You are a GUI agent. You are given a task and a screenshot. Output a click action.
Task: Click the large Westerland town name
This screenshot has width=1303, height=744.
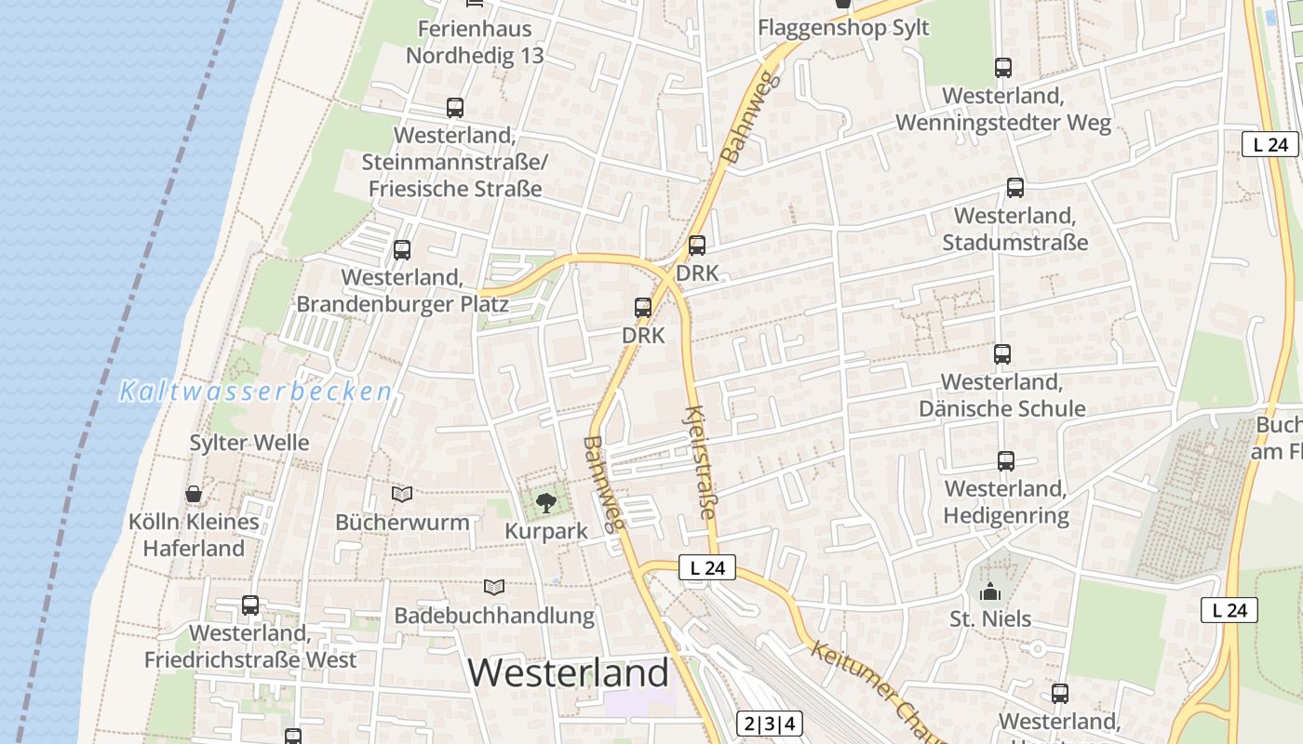[568, 671]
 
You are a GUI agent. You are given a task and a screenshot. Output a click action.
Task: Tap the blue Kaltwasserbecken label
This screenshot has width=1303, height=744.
[256, 392]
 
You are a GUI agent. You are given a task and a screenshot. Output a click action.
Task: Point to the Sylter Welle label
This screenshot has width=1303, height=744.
[249, 443]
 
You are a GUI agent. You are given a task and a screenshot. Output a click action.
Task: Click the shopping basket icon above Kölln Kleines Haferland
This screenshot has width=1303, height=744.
[194, 493]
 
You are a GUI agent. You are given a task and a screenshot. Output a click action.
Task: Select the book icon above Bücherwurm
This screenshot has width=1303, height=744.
[402, 494]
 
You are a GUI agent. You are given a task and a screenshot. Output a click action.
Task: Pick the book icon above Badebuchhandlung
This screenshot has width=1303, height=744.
[494, 587]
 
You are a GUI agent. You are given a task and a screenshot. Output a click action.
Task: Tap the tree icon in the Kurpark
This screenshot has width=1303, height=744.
[546, 503]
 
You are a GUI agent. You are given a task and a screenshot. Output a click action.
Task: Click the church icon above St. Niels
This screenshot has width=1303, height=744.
[990, 591]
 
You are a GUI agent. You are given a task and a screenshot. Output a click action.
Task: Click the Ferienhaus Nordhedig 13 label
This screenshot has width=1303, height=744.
[475, 42]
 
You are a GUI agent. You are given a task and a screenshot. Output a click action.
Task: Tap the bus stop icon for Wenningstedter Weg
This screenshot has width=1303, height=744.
[1003, 68]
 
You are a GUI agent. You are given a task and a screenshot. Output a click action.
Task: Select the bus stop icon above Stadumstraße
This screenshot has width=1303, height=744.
[1015, 188]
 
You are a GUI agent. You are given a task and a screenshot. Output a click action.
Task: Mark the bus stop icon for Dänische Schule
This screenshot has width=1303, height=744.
[1002, 354]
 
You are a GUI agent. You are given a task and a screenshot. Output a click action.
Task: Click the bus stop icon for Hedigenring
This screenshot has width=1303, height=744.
[1006, 461]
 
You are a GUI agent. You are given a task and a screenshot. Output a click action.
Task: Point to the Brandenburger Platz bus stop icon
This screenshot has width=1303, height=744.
[402, 249]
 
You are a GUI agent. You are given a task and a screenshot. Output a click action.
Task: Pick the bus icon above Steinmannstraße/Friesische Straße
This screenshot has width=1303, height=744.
[455, 108]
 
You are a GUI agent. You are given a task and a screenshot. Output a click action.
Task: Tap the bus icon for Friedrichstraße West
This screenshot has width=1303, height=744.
[250, 605]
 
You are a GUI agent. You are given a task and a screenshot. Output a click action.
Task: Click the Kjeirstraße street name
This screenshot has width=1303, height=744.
[702, 462]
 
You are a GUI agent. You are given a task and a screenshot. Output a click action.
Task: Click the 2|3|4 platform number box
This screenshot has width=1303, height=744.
[771, 724]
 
